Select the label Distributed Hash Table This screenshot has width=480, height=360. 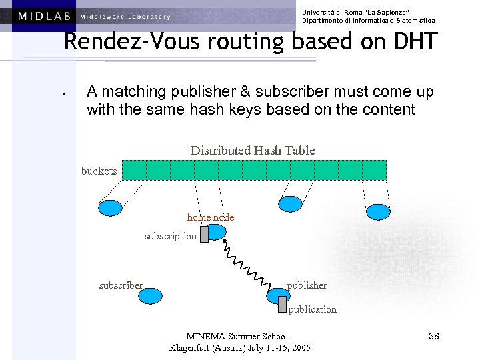[253, 151]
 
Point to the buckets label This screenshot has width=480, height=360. [99, 171]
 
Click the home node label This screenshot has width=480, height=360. [211, 217]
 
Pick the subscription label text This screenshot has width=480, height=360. [171, 236]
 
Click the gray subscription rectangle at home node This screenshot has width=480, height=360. [204, 234]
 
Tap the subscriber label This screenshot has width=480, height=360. [121, 285]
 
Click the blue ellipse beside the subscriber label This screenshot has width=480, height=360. [151, 295]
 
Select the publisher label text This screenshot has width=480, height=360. [307, 285]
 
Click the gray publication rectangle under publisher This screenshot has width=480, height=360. [283, 304]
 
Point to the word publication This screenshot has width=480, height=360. [312, 309]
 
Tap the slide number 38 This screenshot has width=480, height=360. [433, 336]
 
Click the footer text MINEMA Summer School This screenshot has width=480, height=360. [240, 336]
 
